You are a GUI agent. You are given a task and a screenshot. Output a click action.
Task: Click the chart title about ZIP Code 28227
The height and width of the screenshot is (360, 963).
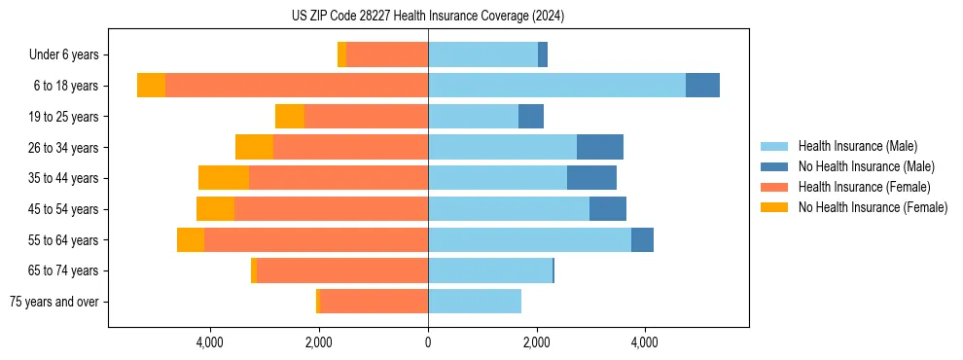point(428,16)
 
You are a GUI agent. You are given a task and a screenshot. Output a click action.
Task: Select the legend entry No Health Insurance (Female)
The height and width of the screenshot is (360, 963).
point(873,207)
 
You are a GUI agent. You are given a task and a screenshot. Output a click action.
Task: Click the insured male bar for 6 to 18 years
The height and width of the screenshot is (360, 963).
point(556,86)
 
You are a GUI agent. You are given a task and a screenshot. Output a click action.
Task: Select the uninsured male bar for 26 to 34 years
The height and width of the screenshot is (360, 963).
point(600,147)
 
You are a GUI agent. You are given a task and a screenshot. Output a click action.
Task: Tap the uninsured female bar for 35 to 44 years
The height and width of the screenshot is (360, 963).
point(224,178)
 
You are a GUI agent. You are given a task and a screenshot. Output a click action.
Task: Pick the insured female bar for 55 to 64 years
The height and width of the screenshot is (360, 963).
point(316,239)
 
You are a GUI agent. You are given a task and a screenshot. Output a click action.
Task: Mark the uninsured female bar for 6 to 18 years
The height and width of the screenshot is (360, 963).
point(151,86)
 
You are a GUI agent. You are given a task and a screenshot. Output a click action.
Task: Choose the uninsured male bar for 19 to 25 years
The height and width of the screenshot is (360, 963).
point(531,117)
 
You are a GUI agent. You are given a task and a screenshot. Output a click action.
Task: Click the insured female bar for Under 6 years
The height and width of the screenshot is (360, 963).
point(387,55)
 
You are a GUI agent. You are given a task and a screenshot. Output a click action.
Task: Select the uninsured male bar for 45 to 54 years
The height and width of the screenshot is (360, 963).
point(608,209)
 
